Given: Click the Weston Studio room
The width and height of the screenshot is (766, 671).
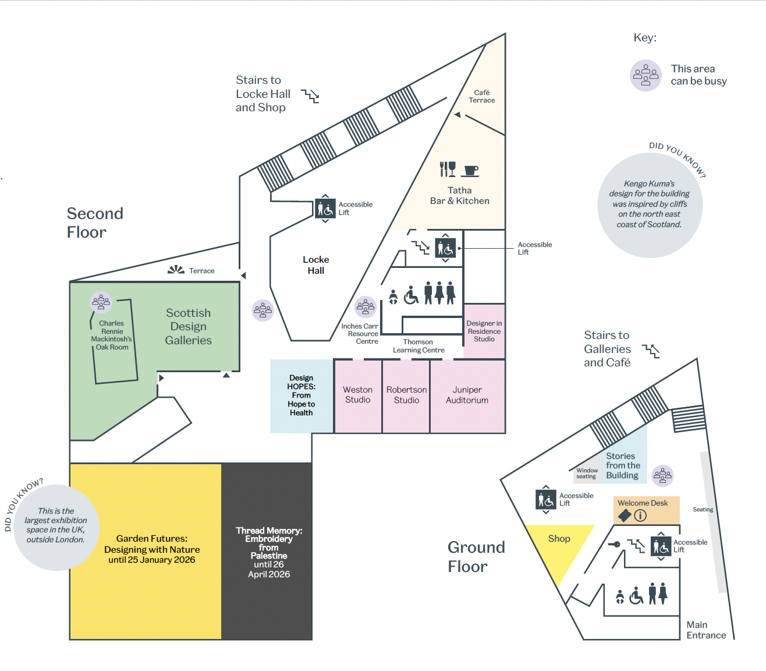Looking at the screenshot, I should pos(357,395).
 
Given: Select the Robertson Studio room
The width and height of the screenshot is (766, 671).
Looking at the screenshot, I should pos(406,395).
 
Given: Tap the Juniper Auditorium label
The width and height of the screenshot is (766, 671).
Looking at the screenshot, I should pos(467,395).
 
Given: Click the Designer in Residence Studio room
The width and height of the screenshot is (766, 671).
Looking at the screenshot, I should pos(484,331).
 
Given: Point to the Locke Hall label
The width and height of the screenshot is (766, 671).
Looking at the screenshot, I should pos(316,265).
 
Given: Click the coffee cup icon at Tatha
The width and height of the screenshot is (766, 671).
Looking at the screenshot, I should pos(470,171).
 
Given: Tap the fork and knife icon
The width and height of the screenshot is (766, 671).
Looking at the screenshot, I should pos(448,169).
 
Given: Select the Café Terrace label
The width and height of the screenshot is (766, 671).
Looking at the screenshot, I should pos(482,97).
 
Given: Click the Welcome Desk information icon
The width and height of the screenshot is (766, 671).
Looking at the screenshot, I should pos(640,515).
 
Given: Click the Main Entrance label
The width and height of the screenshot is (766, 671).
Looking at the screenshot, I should pos(706,630).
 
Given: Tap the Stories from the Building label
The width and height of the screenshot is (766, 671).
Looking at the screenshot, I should pos(623,466).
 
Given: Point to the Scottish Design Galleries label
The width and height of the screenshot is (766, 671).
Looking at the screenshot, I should pos(188,327).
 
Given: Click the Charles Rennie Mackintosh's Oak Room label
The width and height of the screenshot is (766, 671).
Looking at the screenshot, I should pos(112,335).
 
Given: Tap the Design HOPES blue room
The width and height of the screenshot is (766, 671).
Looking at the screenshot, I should pos(302,395).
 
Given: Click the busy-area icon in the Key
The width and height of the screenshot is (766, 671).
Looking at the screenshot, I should pos(646,76).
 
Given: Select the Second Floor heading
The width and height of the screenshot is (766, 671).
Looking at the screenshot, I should pos(95,223).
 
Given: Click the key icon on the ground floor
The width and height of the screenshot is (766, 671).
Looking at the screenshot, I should pos(614,545).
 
